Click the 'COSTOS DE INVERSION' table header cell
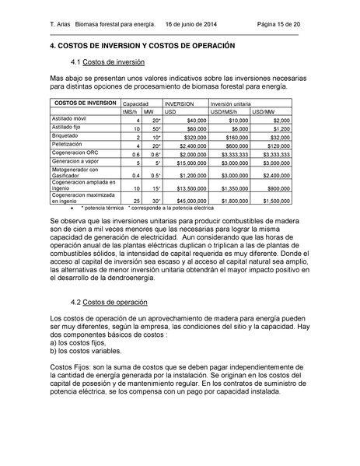(x=85, y=103)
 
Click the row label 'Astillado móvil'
(x=68, y=120)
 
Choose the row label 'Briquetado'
(x=65, y=136)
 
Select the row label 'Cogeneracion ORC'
(x=75, y=153)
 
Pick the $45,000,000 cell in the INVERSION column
(x=190, y=200)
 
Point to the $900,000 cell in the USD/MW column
(x=278, y=188)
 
